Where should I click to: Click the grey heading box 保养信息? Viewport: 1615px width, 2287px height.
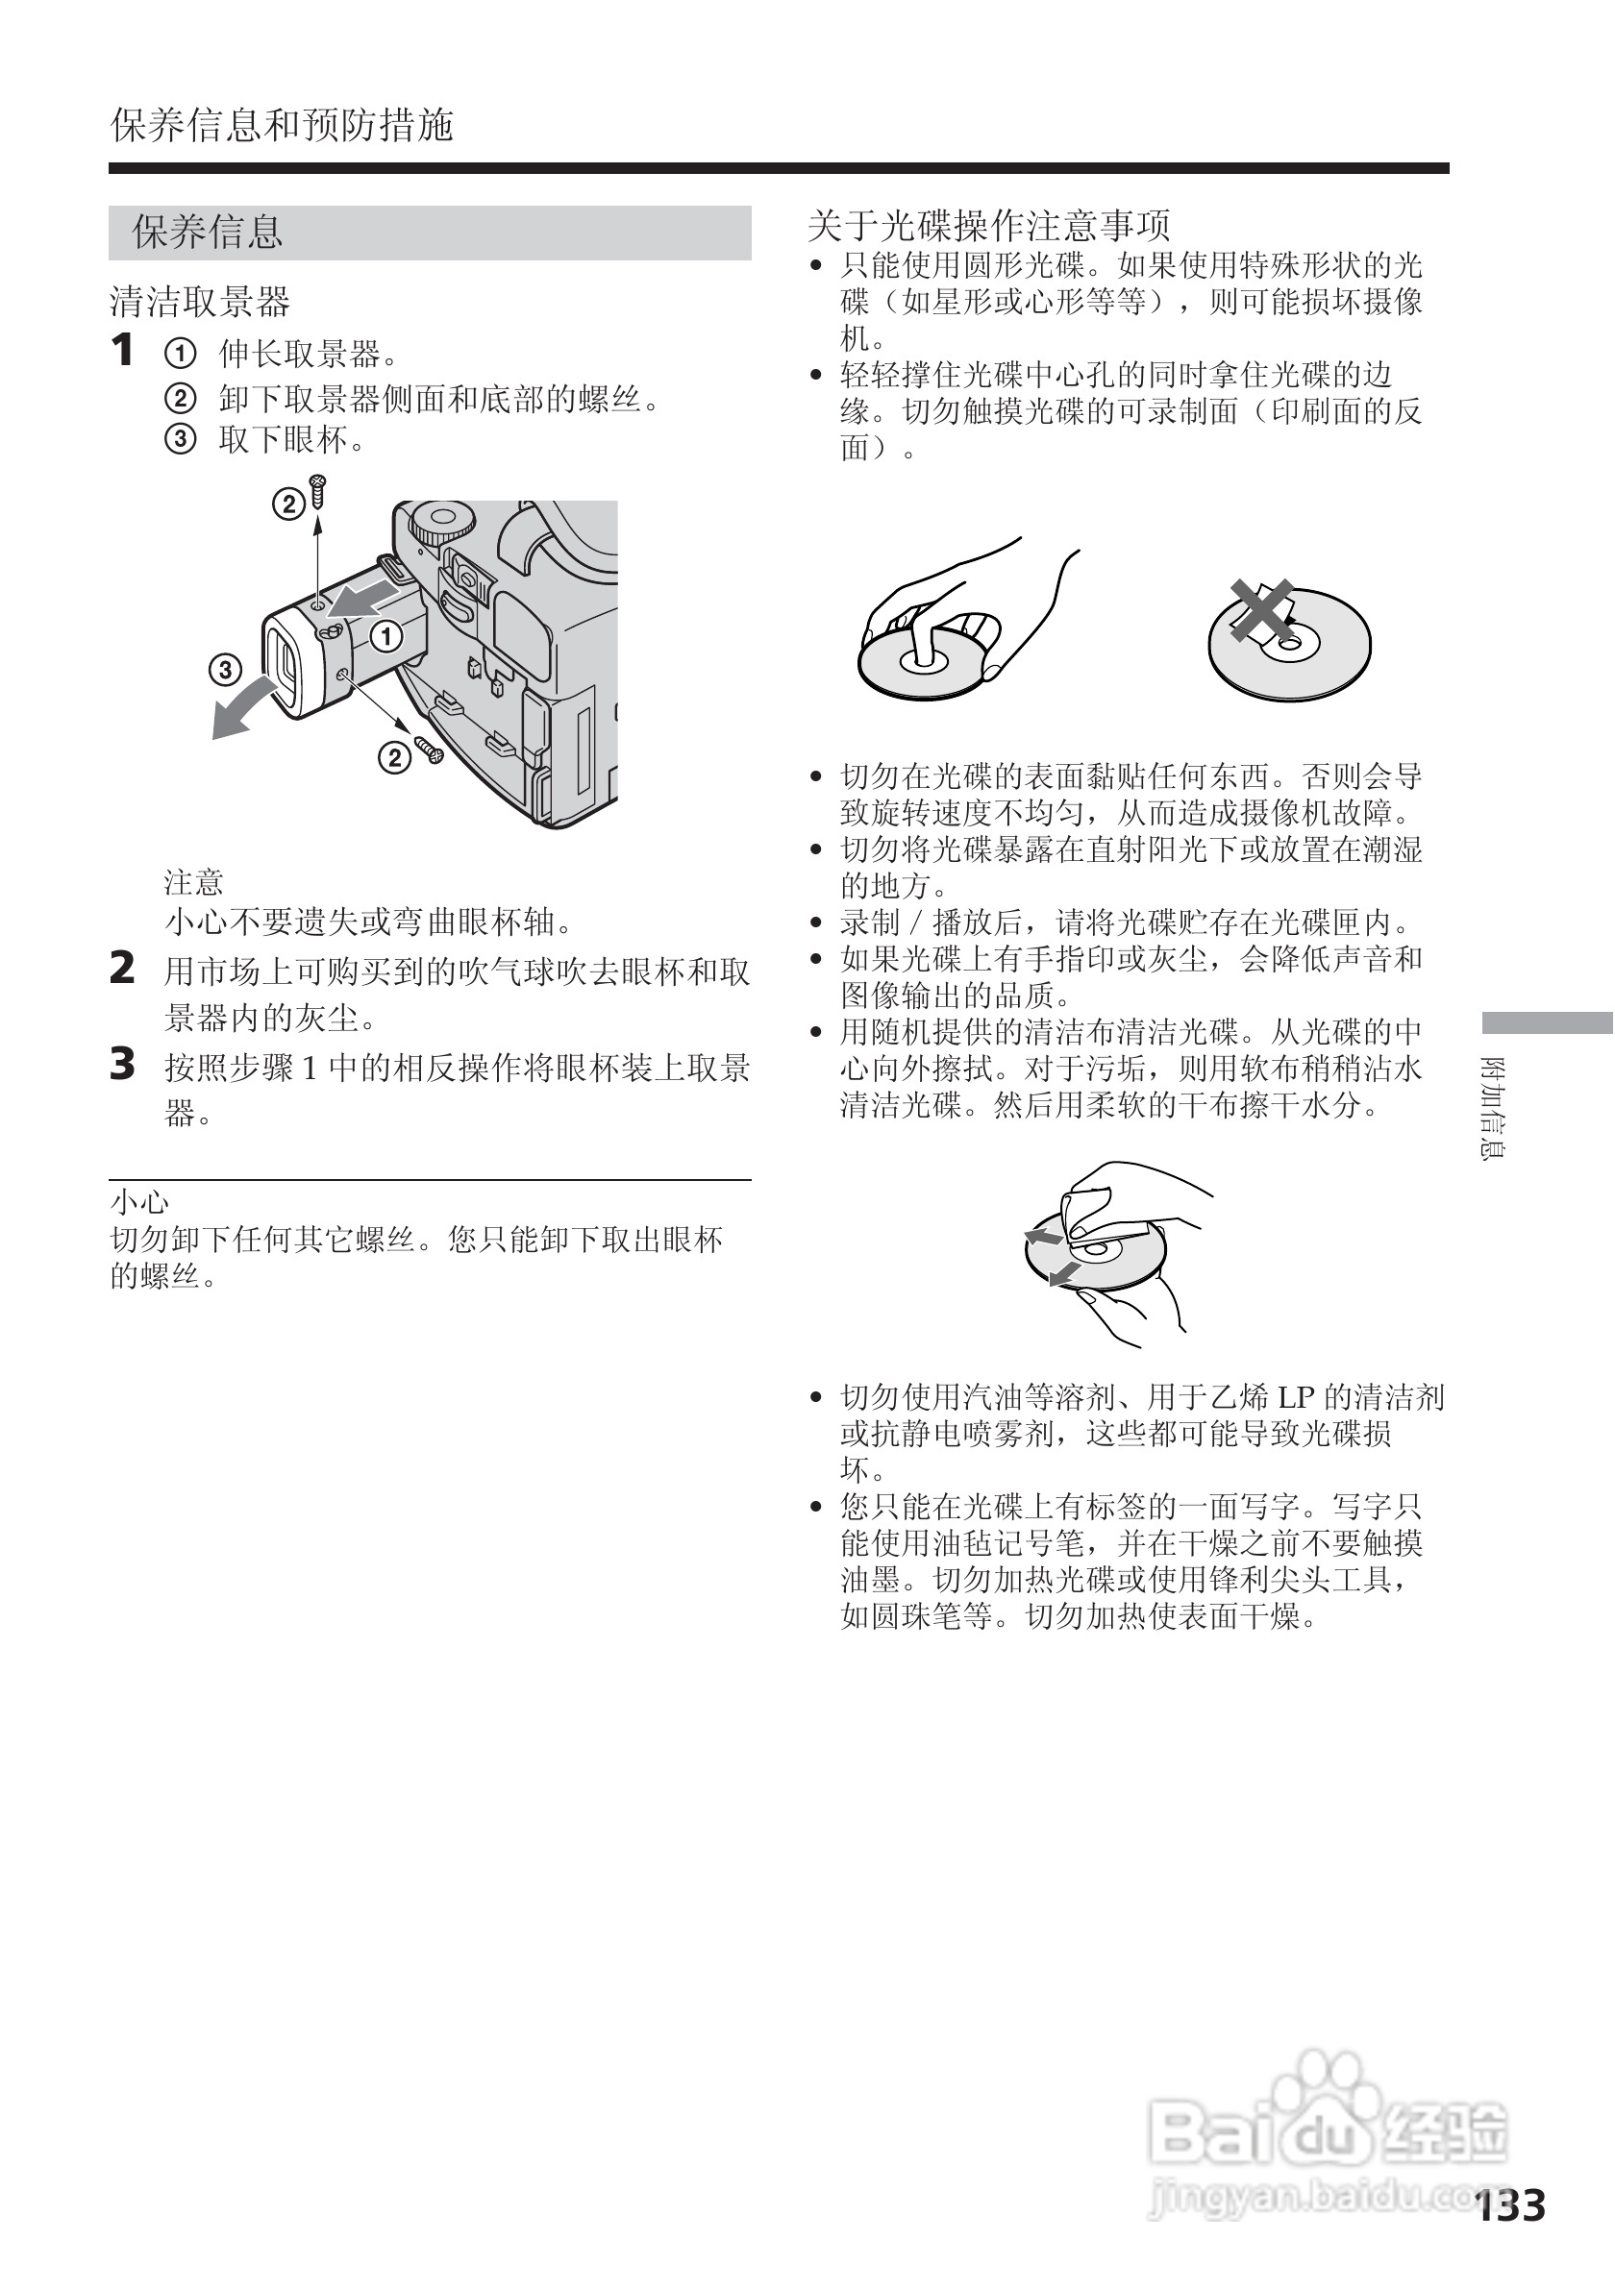point(429,233)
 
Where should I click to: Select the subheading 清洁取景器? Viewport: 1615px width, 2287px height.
point(199,301)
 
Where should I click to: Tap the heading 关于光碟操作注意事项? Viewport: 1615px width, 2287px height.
point(988,226)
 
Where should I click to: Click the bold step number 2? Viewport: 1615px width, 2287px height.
point(121,969)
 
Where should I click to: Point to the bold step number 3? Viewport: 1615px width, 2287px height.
point(121,1064)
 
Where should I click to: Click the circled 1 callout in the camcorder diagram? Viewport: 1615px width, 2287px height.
point(386,635)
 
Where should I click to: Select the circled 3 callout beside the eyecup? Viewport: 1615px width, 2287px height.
point(225,670)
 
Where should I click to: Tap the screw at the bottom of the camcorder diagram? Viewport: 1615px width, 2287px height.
point(430,750)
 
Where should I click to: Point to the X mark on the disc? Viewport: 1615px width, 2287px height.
point(1261,608)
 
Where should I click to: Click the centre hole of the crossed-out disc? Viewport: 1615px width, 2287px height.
point(1288,646)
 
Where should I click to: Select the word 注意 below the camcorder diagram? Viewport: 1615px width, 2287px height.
point(193,881)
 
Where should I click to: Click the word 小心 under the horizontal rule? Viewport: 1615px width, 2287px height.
point(139,1203)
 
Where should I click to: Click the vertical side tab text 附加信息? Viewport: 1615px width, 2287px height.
point(1494,1107)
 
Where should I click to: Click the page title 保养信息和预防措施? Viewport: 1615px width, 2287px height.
point(282,126)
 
